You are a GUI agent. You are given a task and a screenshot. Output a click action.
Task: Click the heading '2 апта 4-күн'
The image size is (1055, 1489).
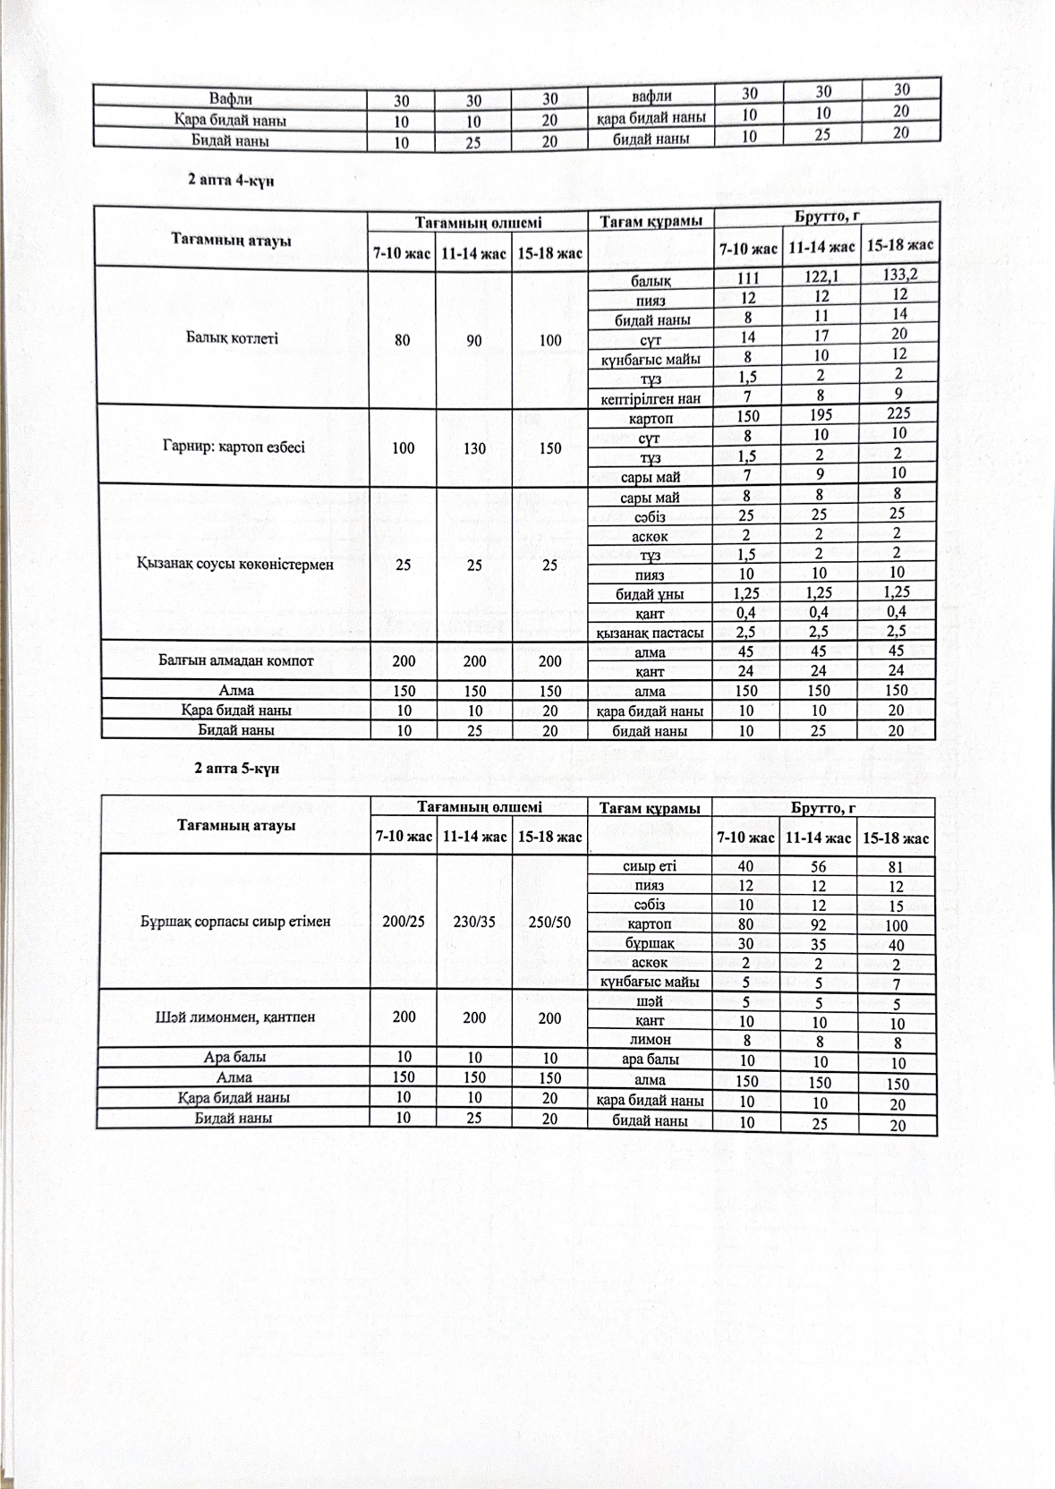pos(231,180)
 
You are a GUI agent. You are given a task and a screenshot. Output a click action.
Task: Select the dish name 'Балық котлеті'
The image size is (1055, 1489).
pos(232,338)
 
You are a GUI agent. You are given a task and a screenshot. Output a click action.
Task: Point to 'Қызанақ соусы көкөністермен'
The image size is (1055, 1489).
pos(234,565)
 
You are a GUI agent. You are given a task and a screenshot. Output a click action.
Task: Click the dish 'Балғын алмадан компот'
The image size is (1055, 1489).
pos(235,660)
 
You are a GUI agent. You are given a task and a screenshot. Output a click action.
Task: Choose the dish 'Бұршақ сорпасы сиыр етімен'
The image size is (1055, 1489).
pos(235,921)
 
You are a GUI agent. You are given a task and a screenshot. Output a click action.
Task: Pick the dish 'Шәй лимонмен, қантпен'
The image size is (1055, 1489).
pos(234,1017)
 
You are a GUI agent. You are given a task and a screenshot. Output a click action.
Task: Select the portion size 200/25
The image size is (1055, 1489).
pos(403,922)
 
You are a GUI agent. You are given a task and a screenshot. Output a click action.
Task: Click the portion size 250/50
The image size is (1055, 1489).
pos(550,922)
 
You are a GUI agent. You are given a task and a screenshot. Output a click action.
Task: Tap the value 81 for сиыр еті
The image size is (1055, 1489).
pos(897,866)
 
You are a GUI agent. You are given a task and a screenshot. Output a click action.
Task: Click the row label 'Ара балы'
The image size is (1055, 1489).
pos(234,1058)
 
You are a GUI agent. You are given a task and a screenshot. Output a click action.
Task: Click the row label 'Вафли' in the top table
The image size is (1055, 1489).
pos(230,98)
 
